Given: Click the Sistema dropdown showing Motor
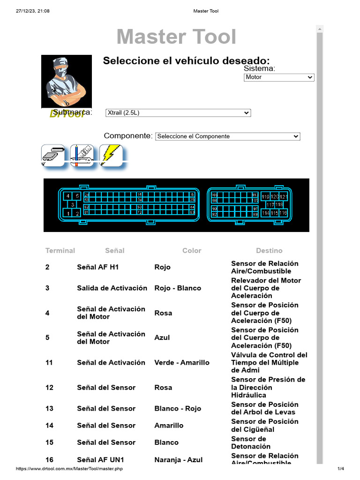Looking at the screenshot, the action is (279, 77).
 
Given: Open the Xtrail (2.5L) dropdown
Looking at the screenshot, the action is (178, 113).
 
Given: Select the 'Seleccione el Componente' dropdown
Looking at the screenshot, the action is (227, 136).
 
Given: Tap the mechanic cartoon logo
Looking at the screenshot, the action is (66, 82).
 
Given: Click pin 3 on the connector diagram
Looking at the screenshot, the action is (72, 204).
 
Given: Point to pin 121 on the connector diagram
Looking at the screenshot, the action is (284, 196).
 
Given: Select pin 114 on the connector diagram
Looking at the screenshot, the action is (266, 213).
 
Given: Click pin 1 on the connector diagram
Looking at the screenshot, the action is (68, 213).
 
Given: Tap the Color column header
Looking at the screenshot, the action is (192, 251).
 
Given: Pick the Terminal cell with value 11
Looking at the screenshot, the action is (49, 363).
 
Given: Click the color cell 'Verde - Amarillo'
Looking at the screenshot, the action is (182, 363).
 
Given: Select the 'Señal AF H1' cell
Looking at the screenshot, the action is (98, 267).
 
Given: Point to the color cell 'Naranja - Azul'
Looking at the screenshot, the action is (179, 460).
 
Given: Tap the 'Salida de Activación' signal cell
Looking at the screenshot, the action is (112, 288).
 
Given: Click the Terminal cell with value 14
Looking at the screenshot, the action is (49, 426).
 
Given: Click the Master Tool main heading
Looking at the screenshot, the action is (176, 37).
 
